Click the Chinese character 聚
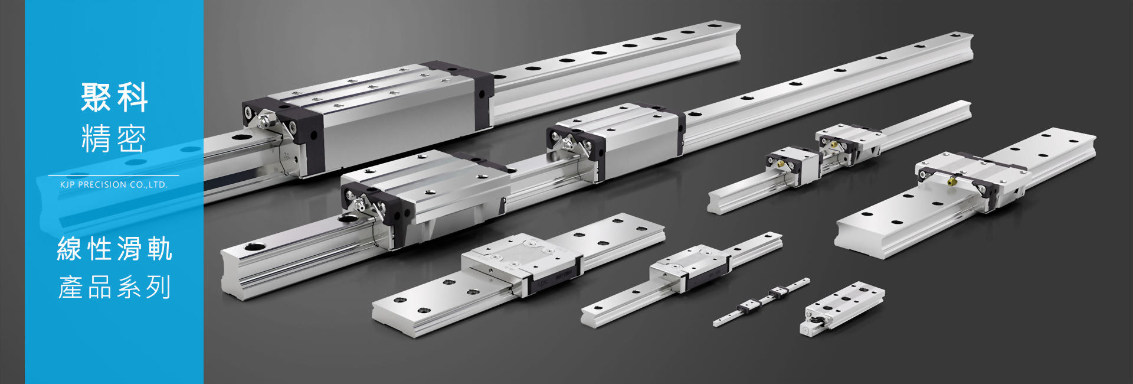(x=96, y=97)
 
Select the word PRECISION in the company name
(x=102, y=185)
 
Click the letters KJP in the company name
(x=67, y=185)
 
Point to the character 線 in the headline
(x=70, y=249)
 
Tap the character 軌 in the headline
(x=160, y=249)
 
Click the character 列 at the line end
(x=159, y=287)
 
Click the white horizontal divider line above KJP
(x=113, y=175)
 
